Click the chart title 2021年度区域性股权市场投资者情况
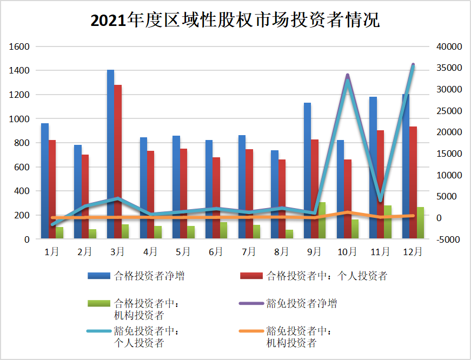[x=235, y=21]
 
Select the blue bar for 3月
[x=110, y=154]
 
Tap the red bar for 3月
[x=118, y=162]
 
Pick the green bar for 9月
[x=322, y=221]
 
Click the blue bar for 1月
[x=45, y=181]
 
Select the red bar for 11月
[x=380, y=184]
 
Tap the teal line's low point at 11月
[x=380, y=200]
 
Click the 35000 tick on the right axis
[x=449, y=68]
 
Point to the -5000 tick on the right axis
[x=447, y=239]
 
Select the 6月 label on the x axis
[x=216, y=252]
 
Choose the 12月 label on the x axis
[x=413, y=252]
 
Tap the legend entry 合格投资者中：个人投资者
[x=327, y=276]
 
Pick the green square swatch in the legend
[x=99, y=303]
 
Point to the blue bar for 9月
[x=307, y=170]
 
